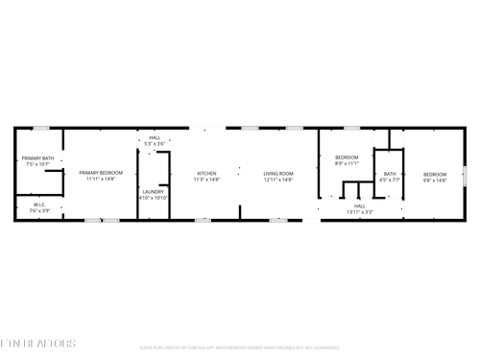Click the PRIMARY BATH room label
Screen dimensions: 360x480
point(38,158)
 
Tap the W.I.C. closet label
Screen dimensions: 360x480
point(39,204)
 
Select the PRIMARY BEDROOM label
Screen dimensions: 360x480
point(101,174)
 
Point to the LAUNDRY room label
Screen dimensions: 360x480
point(154,191)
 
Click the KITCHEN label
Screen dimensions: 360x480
point(207,174)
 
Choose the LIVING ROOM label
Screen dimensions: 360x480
point(278,174)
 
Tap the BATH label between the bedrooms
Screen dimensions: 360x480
point(390,174)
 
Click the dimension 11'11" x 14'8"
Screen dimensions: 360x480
point(101,180)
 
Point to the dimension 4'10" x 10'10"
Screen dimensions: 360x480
point(154,197)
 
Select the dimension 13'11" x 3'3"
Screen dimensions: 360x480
point(360,211)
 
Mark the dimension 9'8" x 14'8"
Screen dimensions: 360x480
point(435,180)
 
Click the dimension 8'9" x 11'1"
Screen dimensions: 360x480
point(347,163)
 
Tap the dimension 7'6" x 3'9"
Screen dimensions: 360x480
point(39,209)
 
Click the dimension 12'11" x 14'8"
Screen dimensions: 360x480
point(278,180)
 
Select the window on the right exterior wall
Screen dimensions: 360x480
point(465,174)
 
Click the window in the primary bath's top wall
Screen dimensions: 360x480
point(40,128)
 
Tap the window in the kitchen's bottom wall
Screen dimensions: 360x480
point(203,220)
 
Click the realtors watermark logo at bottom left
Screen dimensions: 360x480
point(37,343)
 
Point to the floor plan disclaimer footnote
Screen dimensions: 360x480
point(239,347)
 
